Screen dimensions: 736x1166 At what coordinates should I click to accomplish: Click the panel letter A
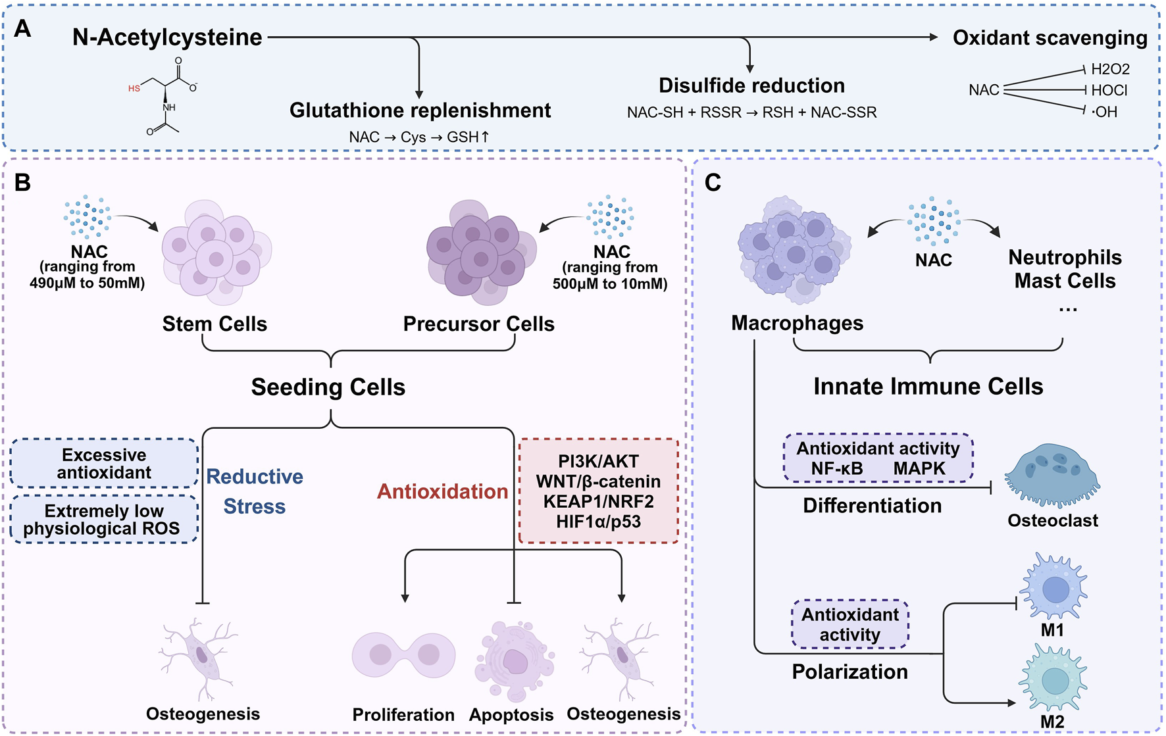(22, 29)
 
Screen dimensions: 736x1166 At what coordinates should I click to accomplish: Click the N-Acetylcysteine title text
(167, 37)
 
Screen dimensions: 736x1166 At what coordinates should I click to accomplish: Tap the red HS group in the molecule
(134, 88)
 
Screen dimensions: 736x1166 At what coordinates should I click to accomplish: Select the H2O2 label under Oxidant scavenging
(1110, 69)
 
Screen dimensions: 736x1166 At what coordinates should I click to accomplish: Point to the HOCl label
(1109, 90)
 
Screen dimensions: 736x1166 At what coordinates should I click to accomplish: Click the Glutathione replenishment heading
(420, 110)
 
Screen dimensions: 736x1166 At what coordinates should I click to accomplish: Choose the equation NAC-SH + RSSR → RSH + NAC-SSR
(751, 112)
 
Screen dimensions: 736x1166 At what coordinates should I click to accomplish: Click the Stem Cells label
(215, 324)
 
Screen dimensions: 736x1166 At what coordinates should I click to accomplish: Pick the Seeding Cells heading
(328, 387)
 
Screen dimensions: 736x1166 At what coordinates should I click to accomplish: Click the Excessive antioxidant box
(104, 464)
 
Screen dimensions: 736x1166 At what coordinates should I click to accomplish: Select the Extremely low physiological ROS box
(103, 520)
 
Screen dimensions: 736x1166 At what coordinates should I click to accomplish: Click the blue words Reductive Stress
(255, 491)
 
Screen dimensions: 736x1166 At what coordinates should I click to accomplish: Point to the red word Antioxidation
(442, 491)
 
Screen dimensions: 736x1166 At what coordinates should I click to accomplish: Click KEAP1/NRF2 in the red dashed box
(598, 501)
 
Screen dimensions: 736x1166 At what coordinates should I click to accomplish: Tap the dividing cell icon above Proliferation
(403, 656)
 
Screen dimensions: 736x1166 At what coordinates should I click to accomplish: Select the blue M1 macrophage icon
(1053, 587)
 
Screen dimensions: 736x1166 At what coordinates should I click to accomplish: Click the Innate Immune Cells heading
(928, 386)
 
